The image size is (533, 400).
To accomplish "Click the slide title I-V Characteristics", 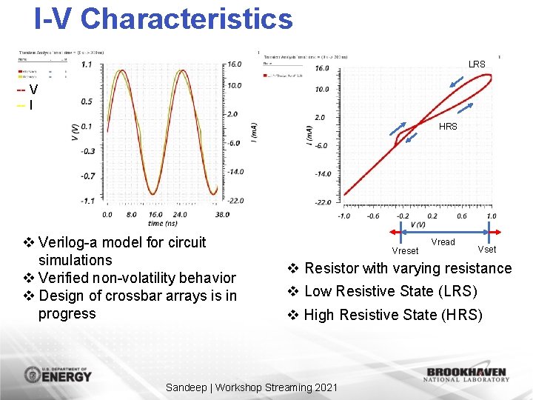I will [x=164, y=19].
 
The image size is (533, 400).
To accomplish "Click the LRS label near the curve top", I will [x=477, y=64].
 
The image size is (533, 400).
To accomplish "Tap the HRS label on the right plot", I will [x=448, y=127].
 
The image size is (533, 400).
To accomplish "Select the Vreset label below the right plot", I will [x=405, y=251].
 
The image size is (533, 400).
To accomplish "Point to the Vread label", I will [x=443, y=242].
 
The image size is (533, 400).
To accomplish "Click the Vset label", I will [x=486, y=250].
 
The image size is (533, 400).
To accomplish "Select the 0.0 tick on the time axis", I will [x=107, y=214].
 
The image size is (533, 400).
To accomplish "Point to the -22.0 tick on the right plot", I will [x=323, y=201].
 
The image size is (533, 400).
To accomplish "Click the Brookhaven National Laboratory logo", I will [x=466, y=375].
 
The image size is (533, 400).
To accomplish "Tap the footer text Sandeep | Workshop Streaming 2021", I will [x=252, y=387].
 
